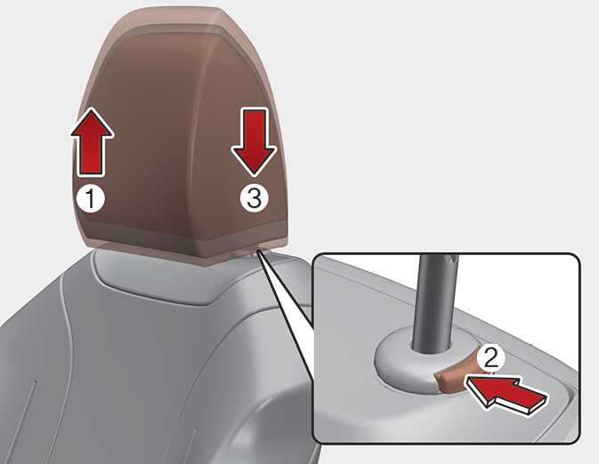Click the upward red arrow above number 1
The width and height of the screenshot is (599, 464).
tap(92, 143)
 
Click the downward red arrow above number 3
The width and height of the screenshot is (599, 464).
tap(254, 142)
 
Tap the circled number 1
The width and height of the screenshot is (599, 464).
tap(91, 198)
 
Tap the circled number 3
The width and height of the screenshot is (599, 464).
tap(254, 198)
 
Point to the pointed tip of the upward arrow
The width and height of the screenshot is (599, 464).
tap(92, 108)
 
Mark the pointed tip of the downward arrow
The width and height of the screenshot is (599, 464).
tap(254, 176)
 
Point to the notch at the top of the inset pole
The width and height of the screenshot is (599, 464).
tap(453, 259)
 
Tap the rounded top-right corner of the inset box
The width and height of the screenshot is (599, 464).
tap(574, 259)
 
